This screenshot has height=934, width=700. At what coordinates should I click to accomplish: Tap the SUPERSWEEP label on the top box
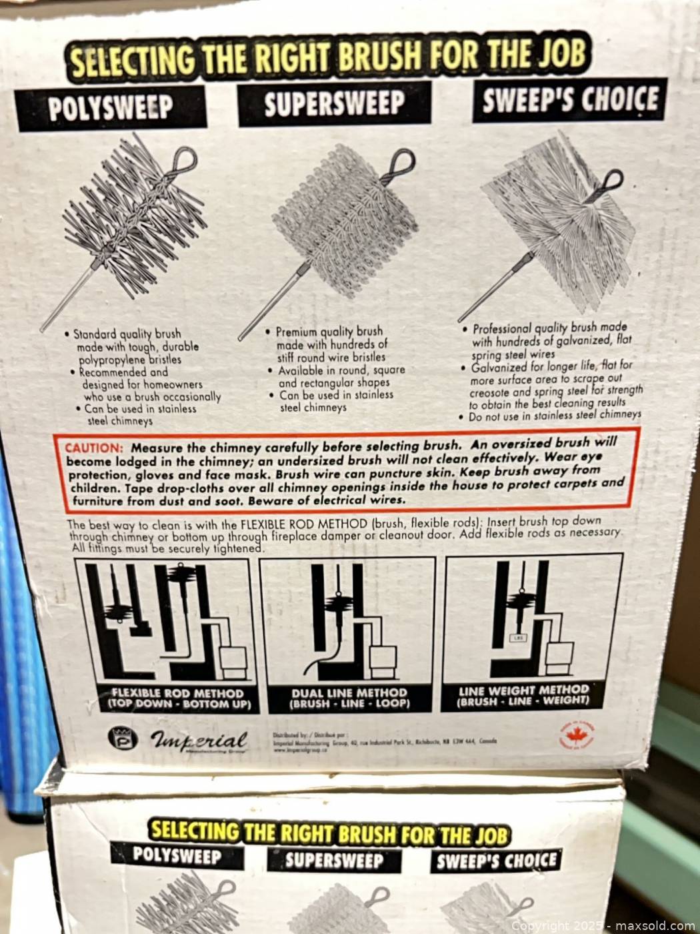[333, 104]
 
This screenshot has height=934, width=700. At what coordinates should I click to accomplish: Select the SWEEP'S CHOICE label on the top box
[569, 101]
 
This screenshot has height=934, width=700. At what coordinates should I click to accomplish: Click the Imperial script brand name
[199, 740]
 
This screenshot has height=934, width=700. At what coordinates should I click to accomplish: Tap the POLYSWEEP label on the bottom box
[177, 855]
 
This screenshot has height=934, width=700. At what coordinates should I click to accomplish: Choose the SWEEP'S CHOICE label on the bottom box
[496, 860]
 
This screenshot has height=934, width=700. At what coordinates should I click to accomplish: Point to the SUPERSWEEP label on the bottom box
[334, 860]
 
